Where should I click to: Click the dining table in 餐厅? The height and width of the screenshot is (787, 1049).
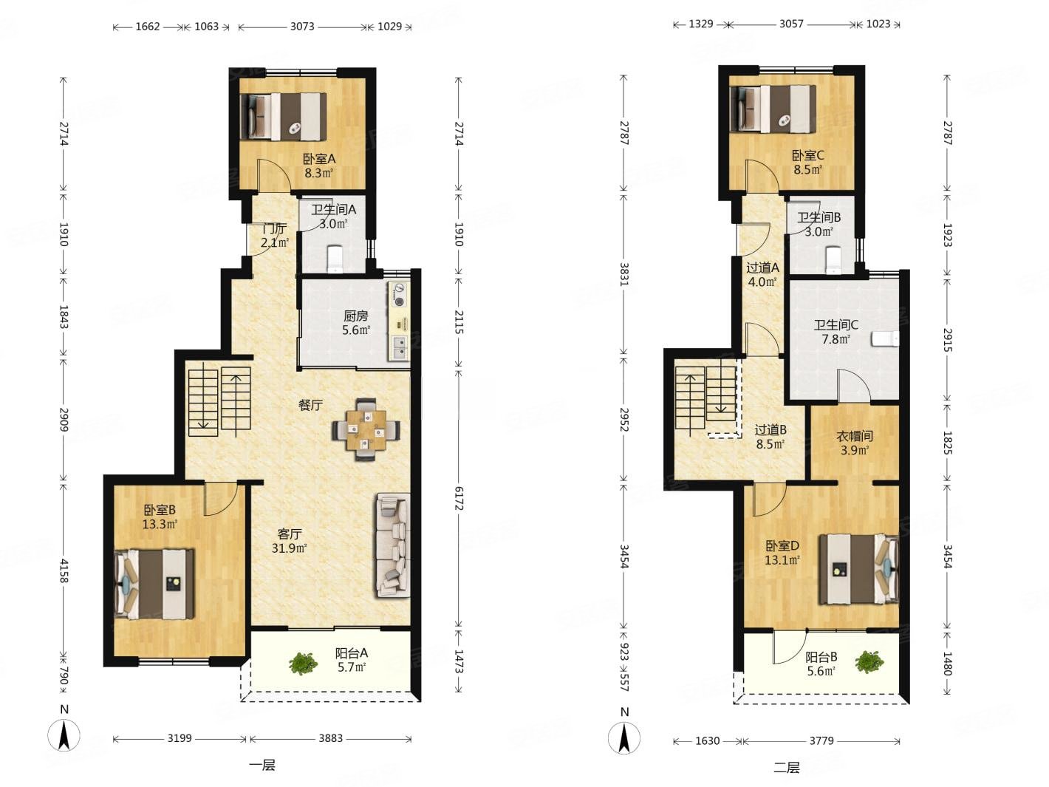tap(366, 429)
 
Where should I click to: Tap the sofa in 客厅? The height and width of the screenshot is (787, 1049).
tap(393, 545)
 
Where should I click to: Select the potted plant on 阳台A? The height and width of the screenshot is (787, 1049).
tap(303, 664)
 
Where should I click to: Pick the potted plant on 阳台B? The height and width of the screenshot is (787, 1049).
tap(869, 663)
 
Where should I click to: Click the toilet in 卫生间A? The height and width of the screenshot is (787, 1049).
tap(336, 259)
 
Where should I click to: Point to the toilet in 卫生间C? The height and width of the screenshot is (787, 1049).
tap(885, 338)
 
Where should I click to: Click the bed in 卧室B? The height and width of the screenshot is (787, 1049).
tap(154, 584)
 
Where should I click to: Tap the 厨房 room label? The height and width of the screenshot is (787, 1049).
tap(356, 316)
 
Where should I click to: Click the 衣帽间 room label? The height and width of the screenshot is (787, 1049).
tap(855, 436)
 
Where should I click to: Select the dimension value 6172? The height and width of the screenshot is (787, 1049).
tap(458, 498)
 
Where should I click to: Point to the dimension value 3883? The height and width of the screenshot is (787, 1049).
tap(331, 738)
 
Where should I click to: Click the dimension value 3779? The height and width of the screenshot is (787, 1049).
tap(821, 740)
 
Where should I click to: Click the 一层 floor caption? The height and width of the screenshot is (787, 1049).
tap(262, 765)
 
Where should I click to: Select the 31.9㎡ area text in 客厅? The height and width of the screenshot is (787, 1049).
tap(289, 548)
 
